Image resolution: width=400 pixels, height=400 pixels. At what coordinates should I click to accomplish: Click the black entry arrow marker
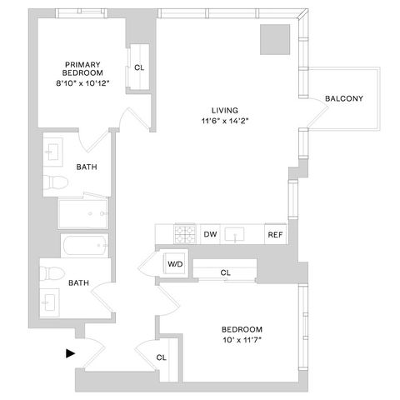point(70,353)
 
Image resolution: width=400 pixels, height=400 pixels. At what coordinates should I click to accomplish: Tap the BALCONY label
point(344,98)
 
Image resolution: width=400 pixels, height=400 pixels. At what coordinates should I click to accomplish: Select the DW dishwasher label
point(210,234)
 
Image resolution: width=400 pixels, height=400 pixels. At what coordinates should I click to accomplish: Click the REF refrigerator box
point(275,234)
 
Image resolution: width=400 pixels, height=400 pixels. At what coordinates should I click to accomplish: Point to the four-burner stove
point(185,234)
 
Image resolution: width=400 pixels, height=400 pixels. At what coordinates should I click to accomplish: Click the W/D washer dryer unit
point(175,263)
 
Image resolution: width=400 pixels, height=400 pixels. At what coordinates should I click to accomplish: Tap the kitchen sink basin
point(235,234)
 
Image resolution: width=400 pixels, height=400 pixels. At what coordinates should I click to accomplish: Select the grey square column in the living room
point(275,39)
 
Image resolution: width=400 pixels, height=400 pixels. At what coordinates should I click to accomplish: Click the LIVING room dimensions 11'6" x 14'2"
point(225,121)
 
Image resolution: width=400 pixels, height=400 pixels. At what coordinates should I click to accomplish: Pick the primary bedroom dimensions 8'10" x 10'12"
point(82,83)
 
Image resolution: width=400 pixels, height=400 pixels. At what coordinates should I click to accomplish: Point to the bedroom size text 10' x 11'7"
point(242,340)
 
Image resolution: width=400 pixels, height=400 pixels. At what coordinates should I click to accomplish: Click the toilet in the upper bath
point(56,182)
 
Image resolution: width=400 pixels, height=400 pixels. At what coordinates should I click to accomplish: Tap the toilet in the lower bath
point(52,273)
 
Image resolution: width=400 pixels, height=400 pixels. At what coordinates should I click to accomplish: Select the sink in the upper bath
point(52,152)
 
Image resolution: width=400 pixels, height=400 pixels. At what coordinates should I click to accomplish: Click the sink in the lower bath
point(50,302)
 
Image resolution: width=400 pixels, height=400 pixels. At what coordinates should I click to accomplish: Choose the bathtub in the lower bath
point(85,246)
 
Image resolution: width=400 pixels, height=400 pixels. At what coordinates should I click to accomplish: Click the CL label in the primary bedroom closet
point(139,67)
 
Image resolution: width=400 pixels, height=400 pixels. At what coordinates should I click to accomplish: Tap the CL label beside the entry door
point(162,357)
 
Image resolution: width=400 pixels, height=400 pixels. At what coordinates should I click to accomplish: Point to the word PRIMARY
point(82,65)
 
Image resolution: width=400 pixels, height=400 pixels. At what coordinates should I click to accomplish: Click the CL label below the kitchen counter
point(225,272)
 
